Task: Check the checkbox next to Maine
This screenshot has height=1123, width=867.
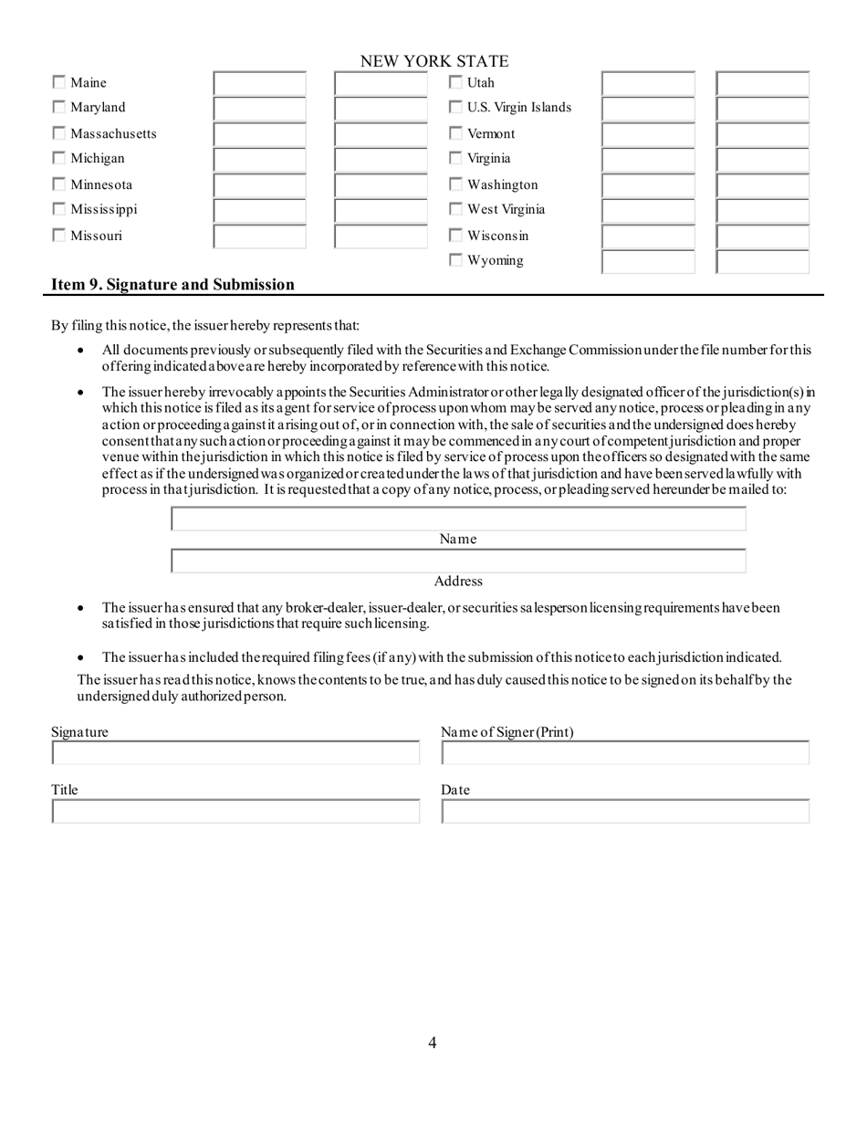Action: [x=58, y=83]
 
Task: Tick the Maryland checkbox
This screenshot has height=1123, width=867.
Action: [x=58, y=108]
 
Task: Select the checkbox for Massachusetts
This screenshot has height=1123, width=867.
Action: [x=58, y=133]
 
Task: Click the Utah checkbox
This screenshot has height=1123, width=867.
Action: [x=456, y=83]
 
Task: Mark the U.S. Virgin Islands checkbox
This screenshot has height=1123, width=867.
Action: [x=456, y=108]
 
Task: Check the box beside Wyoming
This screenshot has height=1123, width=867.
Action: [x=456, y=261]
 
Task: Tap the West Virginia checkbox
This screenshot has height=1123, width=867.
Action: [x=456, y=210]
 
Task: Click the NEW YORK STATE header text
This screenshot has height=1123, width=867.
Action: [x=433, y=61]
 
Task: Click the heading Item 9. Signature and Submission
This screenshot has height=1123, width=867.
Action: [x=172, y=284]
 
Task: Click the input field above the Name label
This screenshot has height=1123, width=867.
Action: [x=458, y=520]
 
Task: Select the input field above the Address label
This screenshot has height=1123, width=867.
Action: [x=458, y=561]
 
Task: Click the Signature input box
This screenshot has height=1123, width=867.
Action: [x=235, y=753]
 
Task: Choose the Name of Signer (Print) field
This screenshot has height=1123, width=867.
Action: [x=625, y=753]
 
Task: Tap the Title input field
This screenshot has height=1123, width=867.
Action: [x=235, y=812]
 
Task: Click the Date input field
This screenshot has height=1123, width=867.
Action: [x=625, y=812]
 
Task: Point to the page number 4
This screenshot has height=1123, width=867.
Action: [x=433, y=1043]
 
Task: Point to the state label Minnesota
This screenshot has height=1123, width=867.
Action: [x=100, y=184]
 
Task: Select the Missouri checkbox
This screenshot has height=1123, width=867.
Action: [x=58, y=236]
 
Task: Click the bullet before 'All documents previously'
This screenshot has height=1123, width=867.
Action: [x=82, y=351]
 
